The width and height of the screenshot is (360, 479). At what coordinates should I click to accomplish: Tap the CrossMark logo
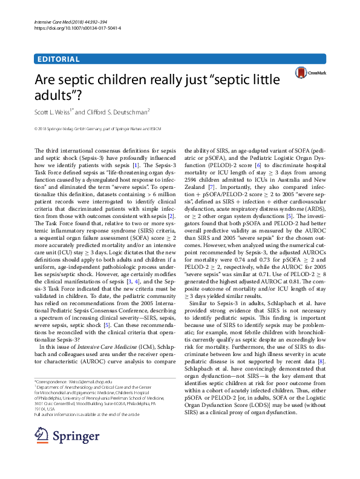(x=310, y=73)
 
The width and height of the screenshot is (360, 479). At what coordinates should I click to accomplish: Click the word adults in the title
(x=56, y=95)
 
